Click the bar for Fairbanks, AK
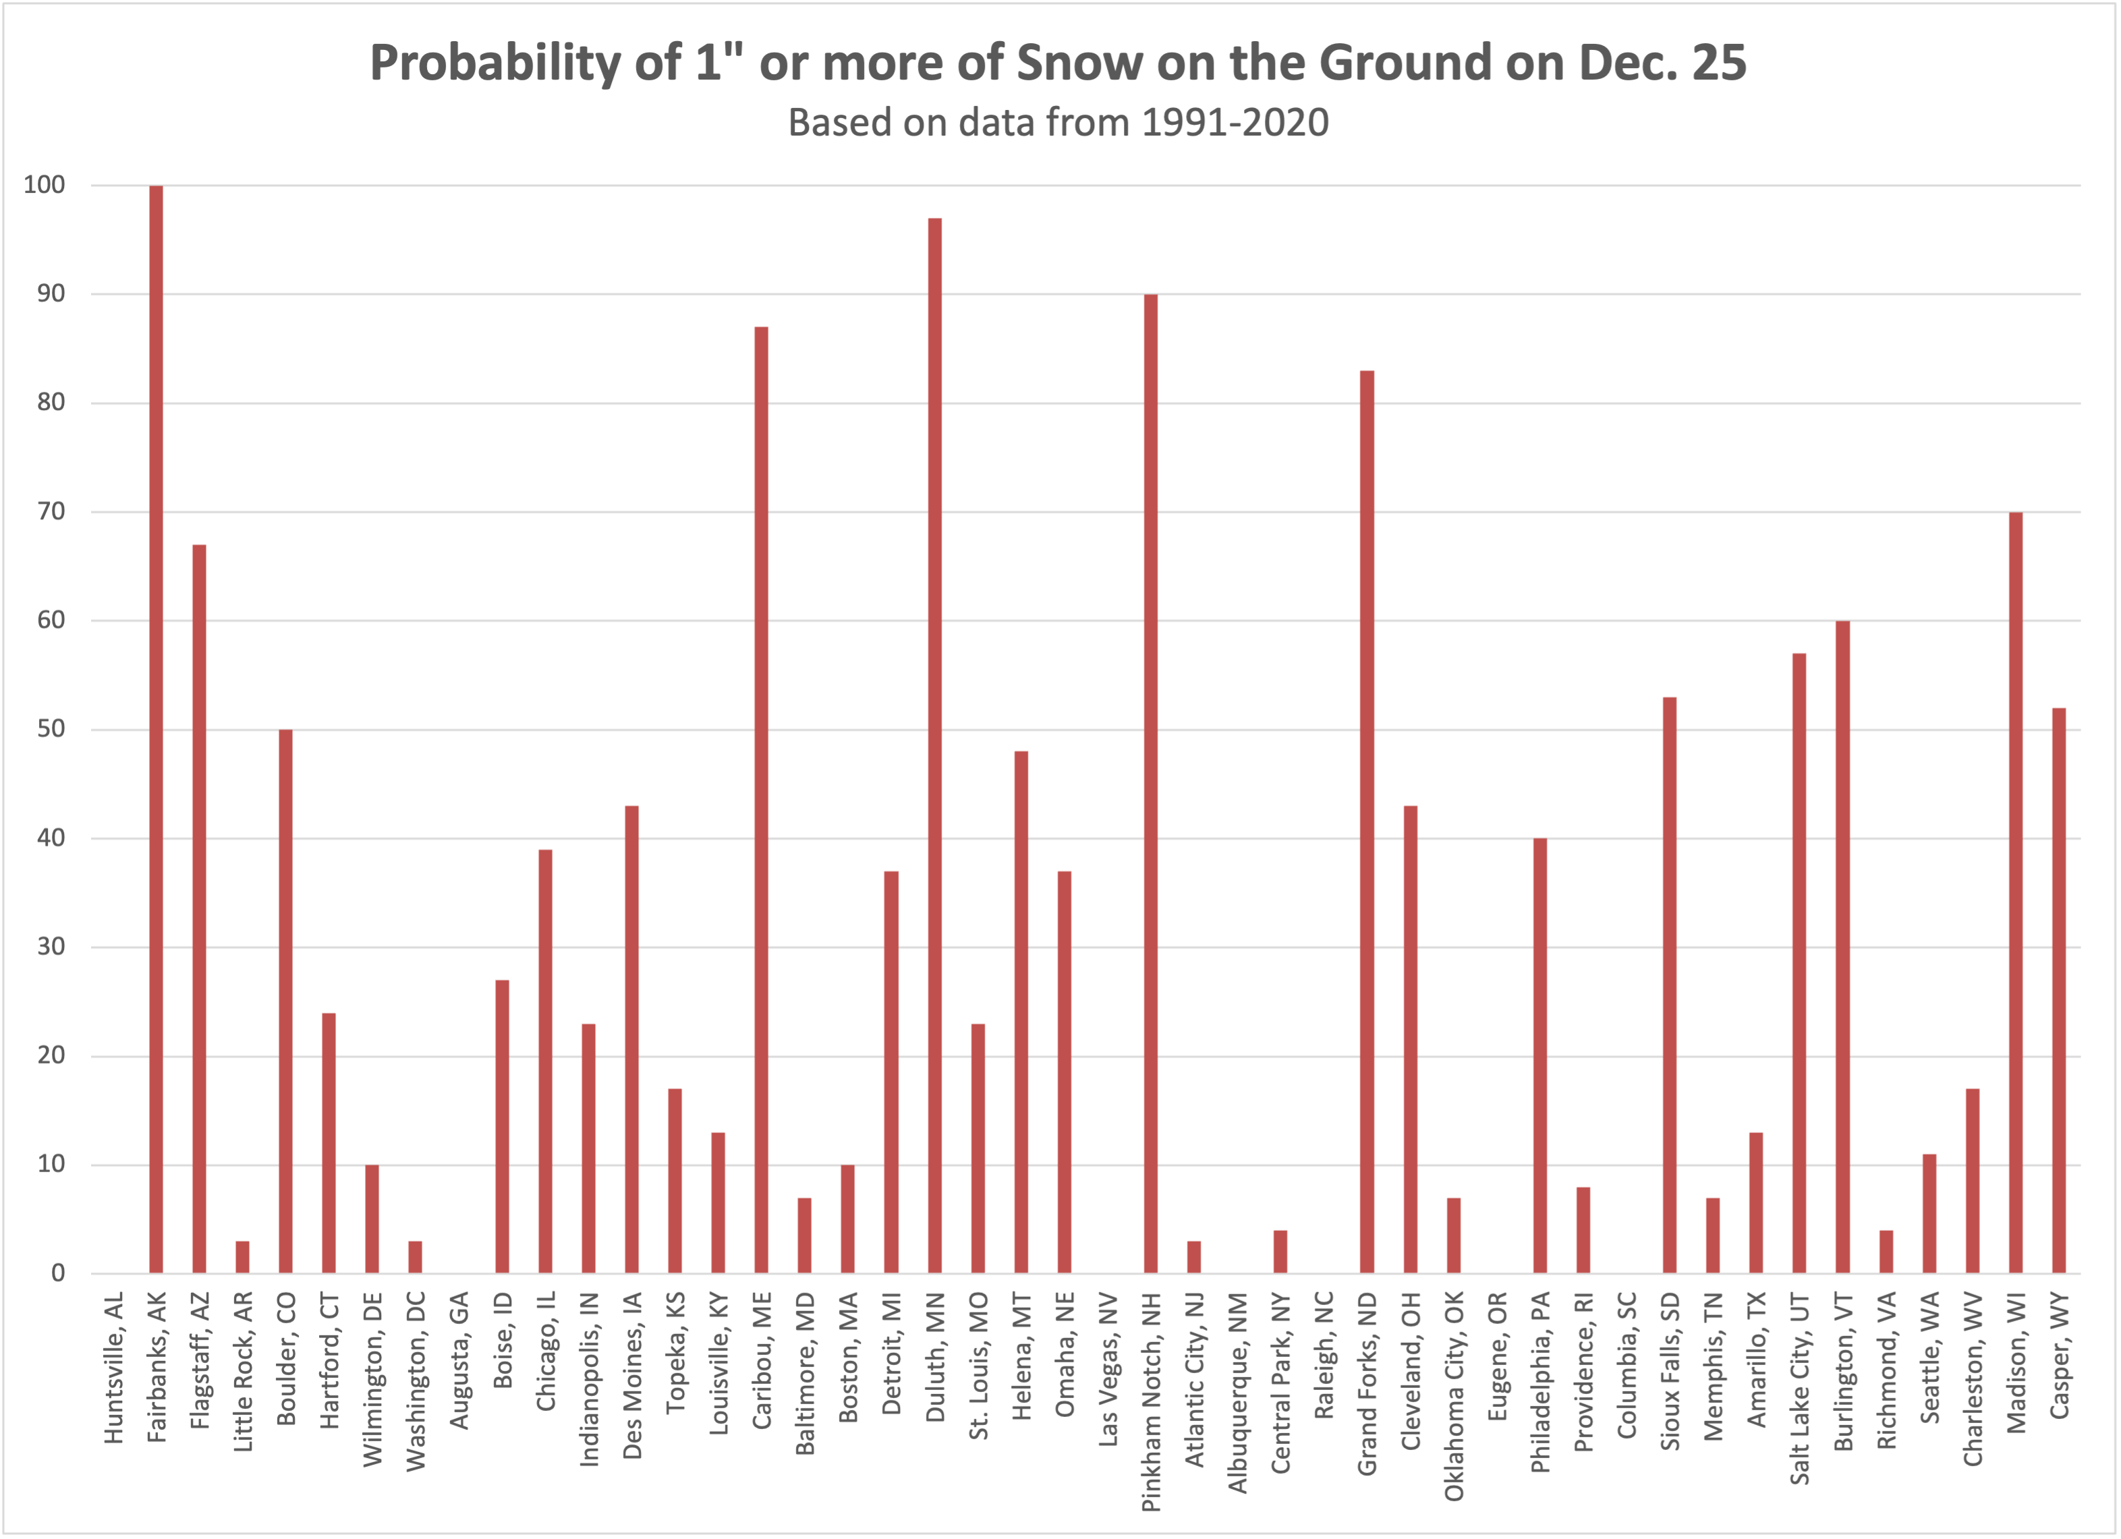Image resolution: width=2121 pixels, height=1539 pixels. tap(157, 729)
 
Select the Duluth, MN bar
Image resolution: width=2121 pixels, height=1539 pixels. tap(934, 745)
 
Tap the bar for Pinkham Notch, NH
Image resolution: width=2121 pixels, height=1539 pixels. tap(1150, 784)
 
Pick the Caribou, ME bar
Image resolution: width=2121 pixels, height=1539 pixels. tap(761, 799)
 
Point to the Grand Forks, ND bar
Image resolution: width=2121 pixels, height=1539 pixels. tap(1366, 822)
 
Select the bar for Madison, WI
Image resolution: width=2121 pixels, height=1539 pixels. tap(2015, 892)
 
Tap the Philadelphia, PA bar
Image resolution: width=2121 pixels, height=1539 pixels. tap(1539, 1055)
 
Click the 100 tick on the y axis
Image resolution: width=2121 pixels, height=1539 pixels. tap(45, 185)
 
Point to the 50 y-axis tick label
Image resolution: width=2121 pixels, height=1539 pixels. tap(51, 729)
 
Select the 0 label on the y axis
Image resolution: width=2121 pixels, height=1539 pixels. tap(58, 1273)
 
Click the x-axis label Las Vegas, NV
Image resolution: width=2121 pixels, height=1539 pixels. tap(1108, 1370)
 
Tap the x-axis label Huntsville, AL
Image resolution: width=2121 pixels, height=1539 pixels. tap(113, 1369)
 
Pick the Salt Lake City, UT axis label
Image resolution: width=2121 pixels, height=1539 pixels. tap(1799, 1389)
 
